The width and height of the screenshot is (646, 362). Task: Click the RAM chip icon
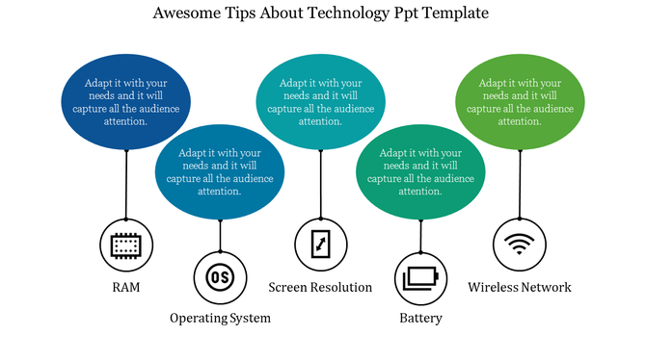pyautogui.click(x=126, y=246)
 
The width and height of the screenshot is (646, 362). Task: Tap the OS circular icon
pyautogui.click(x=220, y=277)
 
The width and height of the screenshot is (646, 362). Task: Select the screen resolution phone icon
pyautogui.click(x=320, y=246)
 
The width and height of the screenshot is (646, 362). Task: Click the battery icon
pyautogui.click(x=421, y=277)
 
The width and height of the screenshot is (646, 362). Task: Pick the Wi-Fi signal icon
pyautogui.click(x=520, y=246)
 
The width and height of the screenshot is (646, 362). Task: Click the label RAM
pyautogui.click(x=126, y=288)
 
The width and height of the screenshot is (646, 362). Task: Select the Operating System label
pyautogui.click(x=220, y=318)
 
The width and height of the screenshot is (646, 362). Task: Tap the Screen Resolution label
pyautogui.click(x=320, y=288)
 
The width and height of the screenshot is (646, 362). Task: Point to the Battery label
pyautogui.click(x=421, y=318)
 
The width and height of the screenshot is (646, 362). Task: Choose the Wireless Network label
pyautogui.click(x=520, y=288)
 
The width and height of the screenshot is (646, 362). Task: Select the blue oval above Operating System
pyautogui.click(x=220, y=170)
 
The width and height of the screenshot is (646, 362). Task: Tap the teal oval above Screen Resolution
pyautogui.click(x=320, y=102)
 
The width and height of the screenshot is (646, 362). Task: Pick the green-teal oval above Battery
pyautogui.click(x=420, y=170)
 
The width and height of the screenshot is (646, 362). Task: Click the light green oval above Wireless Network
pyautogui.click(x=520, y=102)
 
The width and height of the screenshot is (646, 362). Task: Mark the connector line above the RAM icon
pyautogui.click(x=126, y=185)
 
